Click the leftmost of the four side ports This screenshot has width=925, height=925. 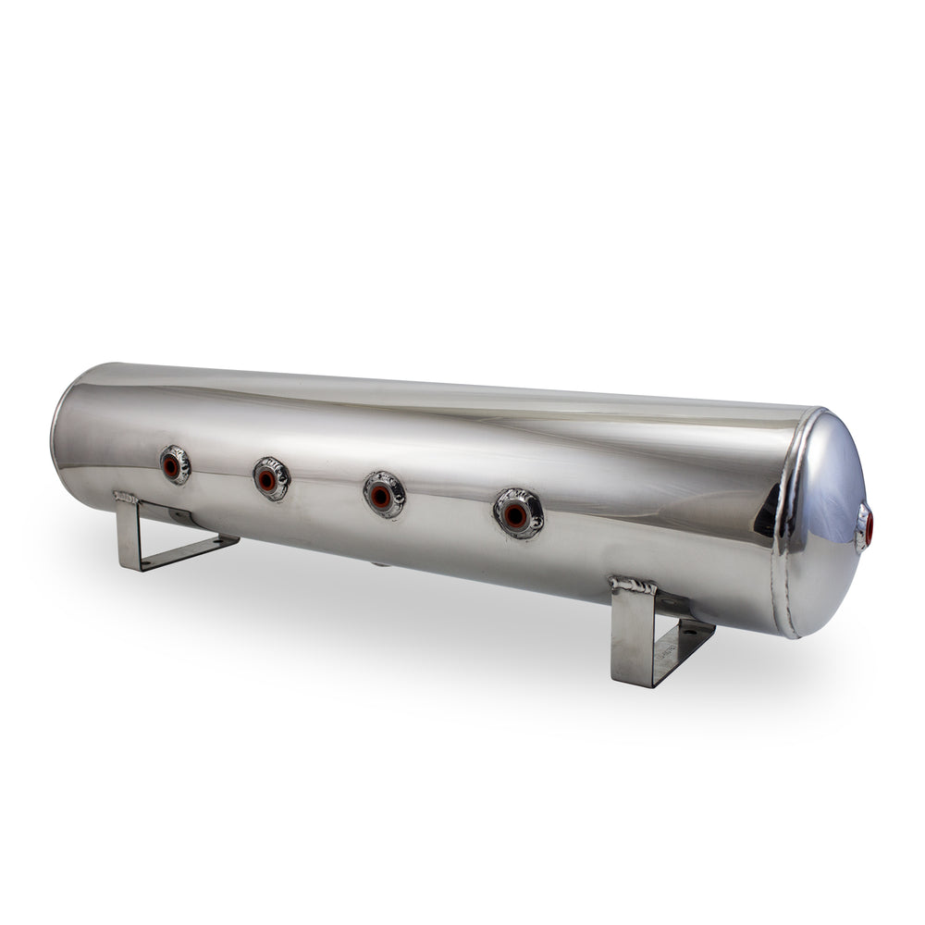(x=174, y=465)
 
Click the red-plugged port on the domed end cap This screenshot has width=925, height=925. (x=867, y=526)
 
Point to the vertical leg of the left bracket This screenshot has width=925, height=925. (x=129, y=536)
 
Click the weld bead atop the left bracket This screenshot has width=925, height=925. (x=126, y=498)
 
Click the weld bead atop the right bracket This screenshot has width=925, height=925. (x=633, y=585)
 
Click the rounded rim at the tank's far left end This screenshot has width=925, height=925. (x=61, y=435)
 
